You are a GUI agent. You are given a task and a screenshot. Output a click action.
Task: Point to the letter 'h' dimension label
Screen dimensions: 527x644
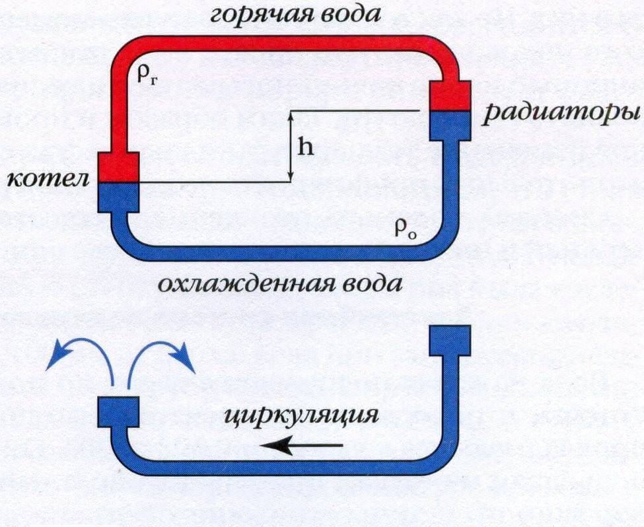304,147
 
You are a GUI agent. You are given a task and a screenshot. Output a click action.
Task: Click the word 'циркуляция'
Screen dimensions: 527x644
301,415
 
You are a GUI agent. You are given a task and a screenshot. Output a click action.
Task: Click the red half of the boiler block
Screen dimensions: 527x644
118,167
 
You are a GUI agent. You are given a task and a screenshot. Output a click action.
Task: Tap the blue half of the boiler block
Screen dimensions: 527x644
118,197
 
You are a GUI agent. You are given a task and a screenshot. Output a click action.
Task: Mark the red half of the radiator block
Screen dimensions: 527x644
450,96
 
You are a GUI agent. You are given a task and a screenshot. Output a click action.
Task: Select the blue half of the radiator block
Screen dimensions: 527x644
450,125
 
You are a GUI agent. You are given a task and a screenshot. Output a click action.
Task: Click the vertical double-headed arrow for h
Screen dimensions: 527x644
291,146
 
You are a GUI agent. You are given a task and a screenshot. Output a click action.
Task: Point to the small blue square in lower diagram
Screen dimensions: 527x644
118,412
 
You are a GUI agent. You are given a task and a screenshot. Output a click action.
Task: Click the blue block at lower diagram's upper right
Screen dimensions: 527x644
450,340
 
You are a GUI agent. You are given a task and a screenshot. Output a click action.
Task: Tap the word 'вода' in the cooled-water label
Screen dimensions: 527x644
373,285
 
